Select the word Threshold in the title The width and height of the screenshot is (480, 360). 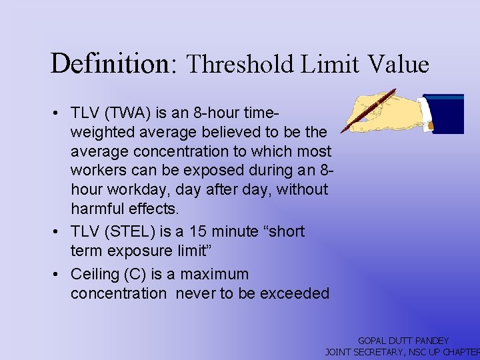(x=240, y=65)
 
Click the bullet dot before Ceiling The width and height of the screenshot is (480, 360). (x=59, y=275)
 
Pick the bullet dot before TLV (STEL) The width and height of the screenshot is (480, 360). (x=59, y=232)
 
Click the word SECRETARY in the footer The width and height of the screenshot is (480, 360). (x=381, y=351)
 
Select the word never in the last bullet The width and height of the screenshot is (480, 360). (x=196, y=294)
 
